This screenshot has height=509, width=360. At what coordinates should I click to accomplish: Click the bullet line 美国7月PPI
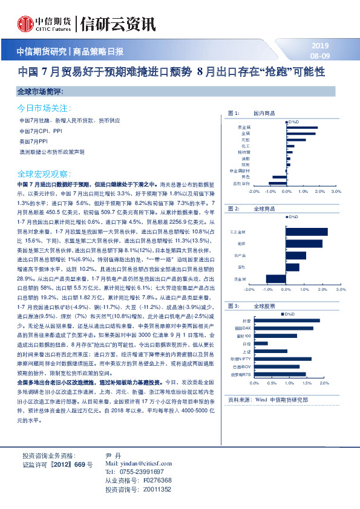coord(38,140)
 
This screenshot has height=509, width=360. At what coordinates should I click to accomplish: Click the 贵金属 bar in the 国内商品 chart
coord(302,127)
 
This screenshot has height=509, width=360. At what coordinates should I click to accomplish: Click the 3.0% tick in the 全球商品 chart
coord(339,290)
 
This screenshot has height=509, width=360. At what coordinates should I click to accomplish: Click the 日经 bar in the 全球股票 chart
coord(261,343)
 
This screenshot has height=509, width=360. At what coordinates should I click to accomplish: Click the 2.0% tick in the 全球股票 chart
coord(324,383)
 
